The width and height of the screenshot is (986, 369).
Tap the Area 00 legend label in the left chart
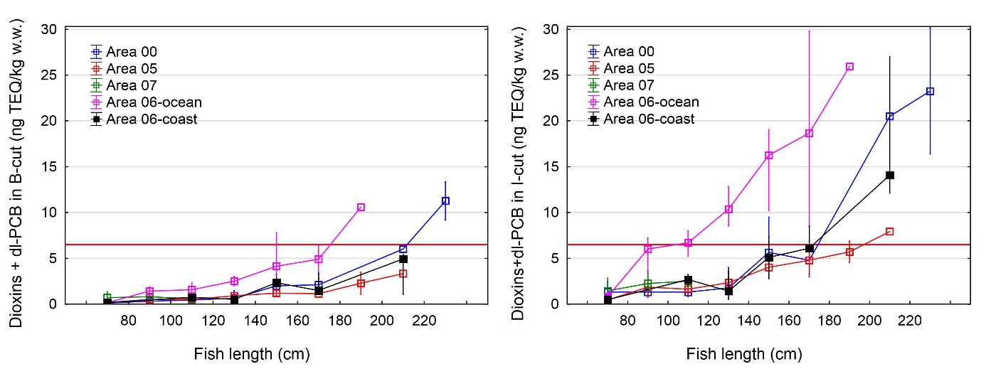tap(132, 51)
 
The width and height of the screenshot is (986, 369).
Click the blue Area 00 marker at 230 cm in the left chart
tap(445, 201)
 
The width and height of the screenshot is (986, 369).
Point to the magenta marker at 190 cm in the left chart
tap(361, 208)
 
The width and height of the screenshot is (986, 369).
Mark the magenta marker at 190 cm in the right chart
tap(849, 67)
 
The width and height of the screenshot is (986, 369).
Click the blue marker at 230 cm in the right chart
tap(930, 92)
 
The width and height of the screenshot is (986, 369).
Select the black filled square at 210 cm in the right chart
tap(889, 175)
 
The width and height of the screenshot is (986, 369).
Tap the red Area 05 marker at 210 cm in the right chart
tap(889, 231)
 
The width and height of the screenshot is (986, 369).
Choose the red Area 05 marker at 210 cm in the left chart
tap(403, 274)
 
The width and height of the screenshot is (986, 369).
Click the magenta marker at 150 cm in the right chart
tap(768, 156)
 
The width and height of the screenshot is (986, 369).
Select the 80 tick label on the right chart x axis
tap(627, 321)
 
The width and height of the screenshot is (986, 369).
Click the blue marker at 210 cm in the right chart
tap(889, 117)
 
